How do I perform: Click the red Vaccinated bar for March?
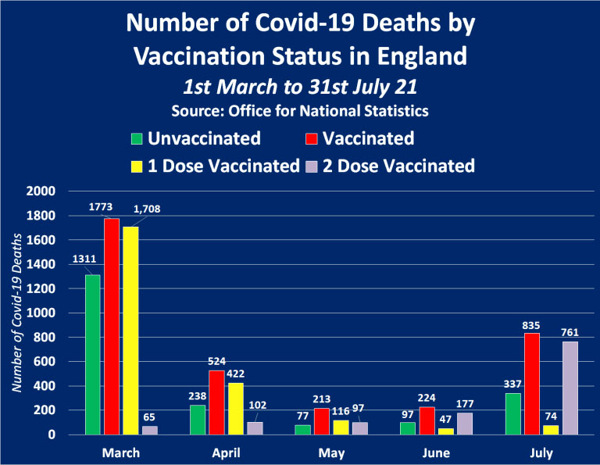[111, 326]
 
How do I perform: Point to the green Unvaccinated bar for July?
[512, 413]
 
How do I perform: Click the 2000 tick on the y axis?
[41, 191]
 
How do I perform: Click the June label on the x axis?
[436, 452]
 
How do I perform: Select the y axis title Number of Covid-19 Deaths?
[18, 313]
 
